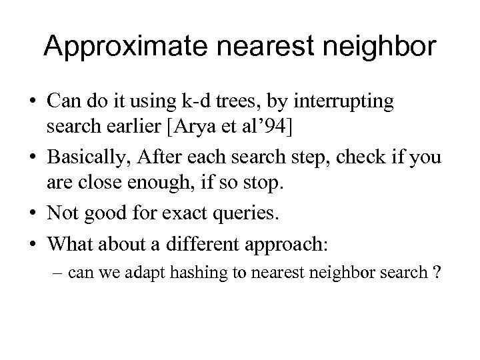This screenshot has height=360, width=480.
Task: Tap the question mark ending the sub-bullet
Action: coord(436,273)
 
